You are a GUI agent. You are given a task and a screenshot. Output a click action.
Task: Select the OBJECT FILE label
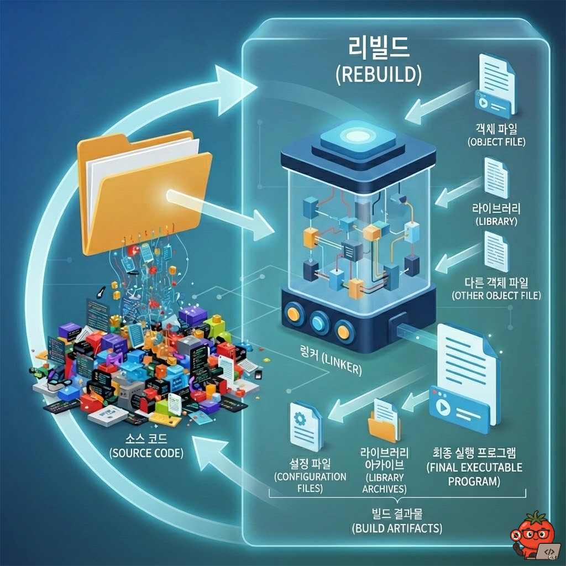[496, 142]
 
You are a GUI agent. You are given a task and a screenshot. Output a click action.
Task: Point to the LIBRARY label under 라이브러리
[496, 221]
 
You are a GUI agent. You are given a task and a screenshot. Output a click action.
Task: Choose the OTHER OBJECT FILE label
[495, 295]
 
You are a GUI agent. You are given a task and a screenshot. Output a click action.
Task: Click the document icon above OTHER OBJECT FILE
[496, 251]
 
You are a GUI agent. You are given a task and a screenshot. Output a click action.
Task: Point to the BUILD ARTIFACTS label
[397, 521]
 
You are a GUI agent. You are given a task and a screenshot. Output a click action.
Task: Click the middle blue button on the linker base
[319, 321]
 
